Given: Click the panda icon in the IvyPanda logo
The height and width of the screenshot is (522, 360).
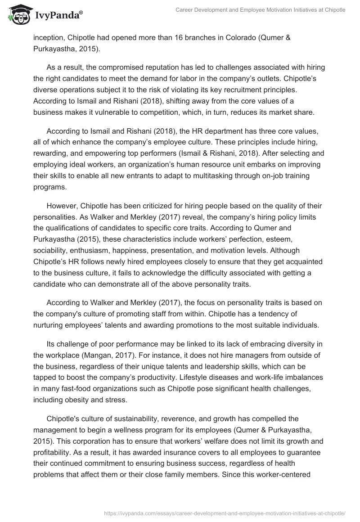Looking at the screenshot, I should click(17, 14).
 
